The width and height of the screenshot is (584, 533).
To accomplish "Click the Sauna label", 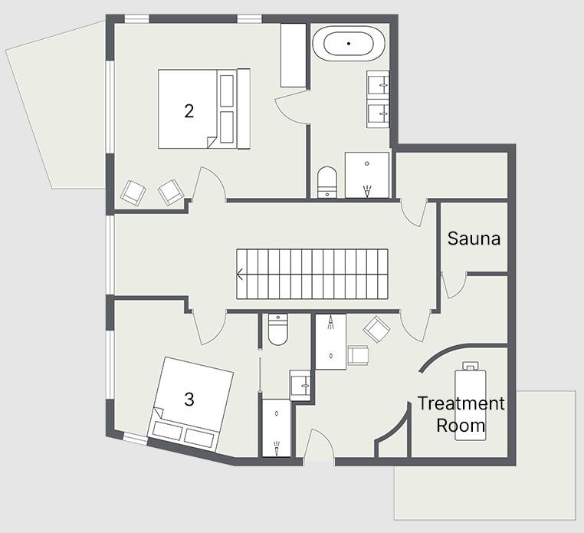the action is [474, 239].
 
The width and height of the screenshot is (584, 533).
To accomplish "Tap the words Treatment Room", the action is [461, 414].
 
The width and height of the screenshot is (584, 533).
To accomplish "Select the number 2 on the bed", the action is [189, 110].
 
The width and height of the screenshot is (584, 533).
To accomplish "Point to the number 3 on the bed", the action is [189, 400].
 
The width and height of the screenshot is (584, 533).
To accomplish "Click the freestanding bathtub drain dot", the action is [349, 44].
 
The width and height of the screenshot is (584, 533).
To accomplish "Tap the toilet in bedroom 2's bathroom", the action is [327, 182].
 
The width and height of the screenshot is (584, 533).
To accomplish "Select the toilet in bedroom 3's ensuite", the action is [277, 330].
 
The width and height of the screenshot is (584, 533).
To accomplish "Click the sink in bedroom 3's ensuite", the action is [300, 386].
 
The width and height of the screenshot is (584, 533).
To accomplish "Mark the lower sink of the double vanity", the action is [378, 114].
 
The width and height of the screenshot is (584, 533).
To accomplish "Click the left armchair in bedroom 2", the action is [133, 192].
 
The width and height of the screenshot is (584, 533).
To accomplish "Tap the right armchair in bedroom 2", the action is [171, 192].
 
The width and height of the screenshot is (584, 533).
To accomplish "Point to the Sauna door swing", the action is [454, 285].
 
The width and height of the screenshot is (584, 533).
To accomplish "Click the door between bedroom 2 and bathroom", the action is [292, 109].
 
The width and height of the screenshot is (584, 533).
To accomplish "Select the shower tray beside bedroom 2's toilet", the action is [367, 175].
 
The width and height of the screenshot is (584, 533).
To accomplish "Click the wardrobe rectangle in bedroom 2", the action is [293, 55].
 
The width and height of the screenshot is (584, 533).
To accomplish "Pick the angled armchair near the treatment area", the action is [377, 329].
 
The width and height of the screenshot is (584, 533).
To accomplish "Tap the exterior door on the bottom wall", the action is [319, 446].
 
